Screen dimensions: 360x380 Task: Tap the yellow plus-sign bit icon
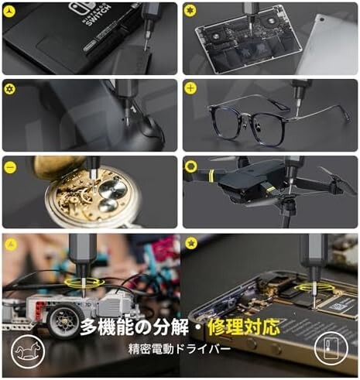[190, 88]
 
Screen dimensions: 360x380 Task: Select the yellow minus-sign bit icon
[10, 167]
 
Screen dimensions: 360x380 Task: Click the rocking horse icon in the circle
[28, 351]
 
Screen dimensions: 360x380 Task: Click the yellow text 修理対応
[244, 327]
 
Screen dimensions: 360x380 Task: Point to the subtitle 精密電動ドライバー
[180, 349]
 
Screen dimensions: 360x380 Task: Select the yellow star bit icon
[191, 243]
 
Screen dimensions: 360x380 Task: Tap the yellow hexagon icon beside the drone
[191, 166]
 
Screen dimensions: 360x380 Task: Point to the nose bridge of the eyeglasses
[250, 122]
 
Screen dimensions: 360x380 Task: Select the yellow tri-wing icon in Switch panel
[10, 10]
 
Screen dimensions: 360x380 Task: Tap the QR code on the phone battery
[336, 306]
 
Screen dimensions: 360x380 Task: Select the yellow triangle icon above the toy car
[11, 243]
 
